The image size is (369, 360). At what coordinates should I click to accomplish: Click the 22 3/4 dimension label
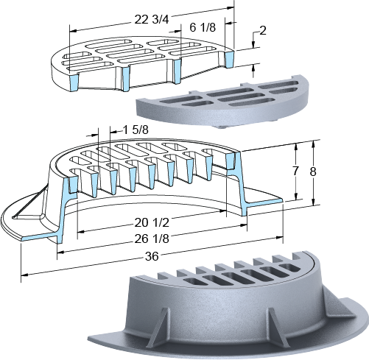click(152, 20)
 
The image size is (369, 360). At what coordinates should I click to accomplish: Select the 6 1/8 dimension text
click(203, 27)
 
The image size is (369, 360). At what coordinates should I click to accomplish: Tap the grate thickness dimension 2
click(263, 31)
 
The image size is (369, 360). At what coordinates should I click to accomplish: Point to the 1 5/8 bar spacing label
click(136, 130)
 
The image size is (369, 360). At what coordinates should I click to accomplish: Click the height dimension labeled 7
click(295, 171)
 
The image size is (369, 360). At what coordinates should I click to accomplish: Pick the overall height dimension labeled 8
click(313, 172)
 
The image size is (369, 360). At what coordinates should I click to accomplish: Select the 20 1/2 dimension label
click(152, 222)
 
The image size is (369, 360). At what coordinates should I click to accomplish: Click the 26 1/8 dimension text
click(152, 239)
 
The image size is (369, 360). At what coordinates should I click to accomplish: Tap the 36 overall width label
click(152, 257)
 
